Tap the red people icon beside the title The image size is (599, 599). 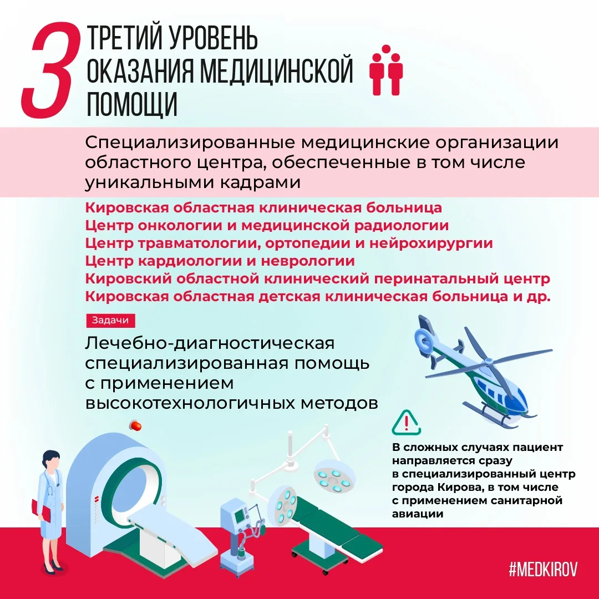[386, 70]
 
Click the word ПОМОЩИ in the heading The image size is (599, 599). [132, 104]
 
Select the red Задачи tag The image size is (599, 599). [110, 320]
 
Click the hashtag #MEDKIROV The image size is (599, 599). [543, 569]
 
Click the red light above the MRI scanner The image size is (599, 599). [135, 425]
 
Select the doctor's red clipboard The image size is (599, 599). [41, 510]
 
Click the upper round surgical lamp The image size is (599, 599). [334, 475]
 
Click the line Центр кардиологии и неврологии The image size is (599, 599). [220, 261]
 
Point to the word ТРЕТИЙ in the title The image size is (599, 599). [124, 38]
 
